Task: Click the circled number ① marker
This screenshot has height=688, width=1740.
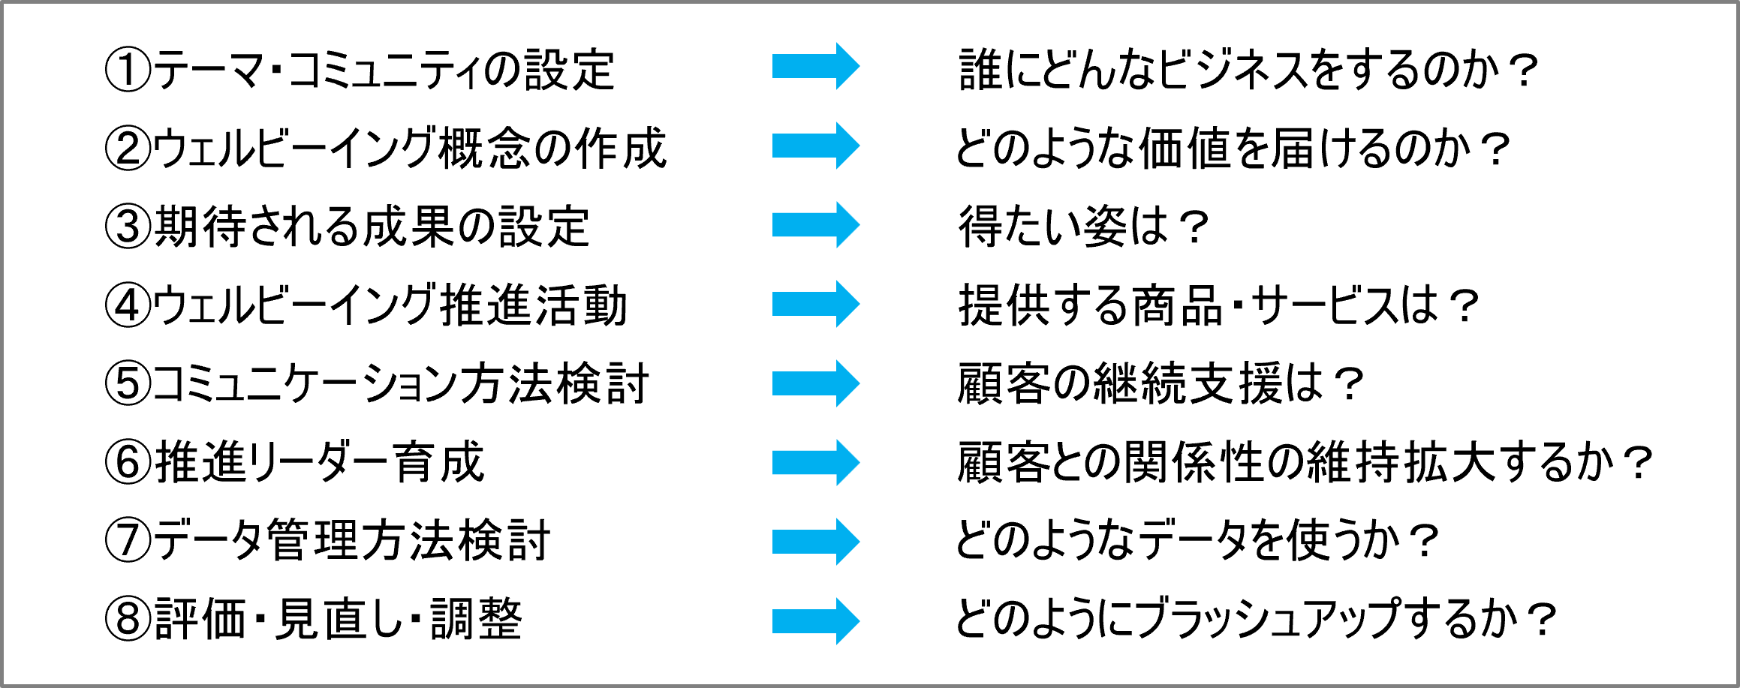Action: click(128, 70)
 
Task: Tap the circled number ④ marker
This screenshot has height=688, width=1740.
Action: click(128, 305)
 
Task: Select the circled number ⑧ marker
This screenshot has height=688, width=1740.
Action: click(128, 620)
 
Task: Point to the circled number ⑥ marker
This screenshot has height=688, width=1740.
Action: click(128, 462)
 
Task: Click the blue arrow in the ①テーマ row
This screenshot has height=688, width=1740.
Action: click(816, 66)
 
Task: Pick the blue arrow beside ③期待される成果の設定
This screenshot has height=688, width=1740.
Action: click(816, 224)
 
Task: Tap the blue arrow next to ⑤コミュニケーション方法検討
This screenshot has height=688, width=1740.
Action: click(816, 383)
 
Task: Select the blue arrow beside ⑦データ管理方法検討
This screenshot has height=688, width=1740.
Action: click(816, 542)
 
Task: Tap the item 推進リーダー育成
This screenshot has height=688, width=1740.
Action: click(320, 462)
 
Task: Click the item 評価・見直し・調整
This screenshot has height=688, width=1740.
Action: click(339, 620)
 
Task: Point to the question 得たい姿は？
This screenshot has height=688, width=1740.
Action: click(1083, 226)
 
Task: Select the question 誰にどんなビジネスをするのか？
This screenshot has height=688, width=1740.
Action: click(1248, 70)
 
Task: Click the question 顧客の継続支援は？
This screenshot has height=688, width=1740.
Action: click(1161, 383)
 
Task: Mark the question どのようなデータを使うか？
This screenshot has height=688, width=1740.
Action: click(1197, 540)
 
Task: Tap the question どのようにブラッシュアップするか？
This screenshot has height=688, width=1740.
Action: click(1256, 620)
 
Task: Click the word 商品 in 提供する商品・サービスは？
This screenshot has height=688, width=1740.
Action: click(1176, 305)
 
